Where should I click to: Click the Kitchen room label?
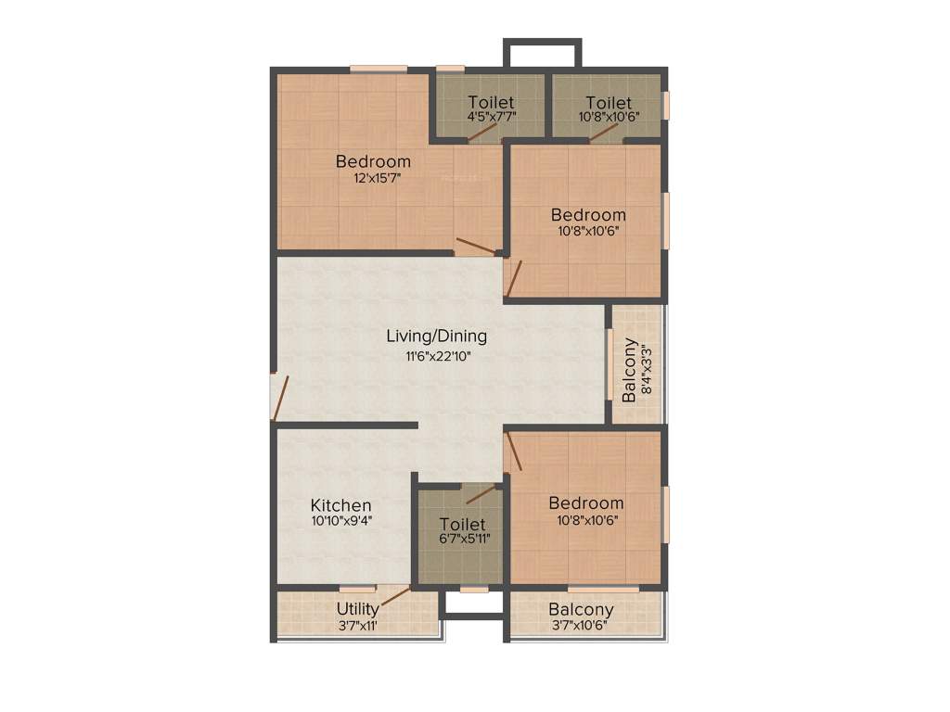[x=340, y=505]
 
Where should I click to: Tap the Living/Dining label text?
[x=436, y=336]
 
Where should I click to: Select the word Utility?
[x=357, y=609]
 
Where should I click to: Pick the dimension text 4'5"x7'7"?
[x=491, y=117]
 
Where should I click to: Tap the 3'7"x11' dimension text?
[x=357, y=625]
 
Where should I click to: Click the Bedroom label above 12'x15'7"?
[x=373, y=161]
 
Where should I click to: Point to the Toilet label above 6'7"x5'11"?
[x=462, y=524]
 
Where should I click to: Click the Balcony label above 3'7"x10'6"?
[x=581, y=609]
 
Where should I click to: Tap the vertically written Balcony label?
[x=630, y=371]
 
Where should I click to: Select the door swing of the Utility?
[x=395, y=595]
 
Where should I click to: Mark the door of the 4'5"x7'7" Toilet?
[x=481, y=132]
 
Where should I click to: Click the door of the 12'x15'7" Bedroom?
[x=475, y=246]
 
